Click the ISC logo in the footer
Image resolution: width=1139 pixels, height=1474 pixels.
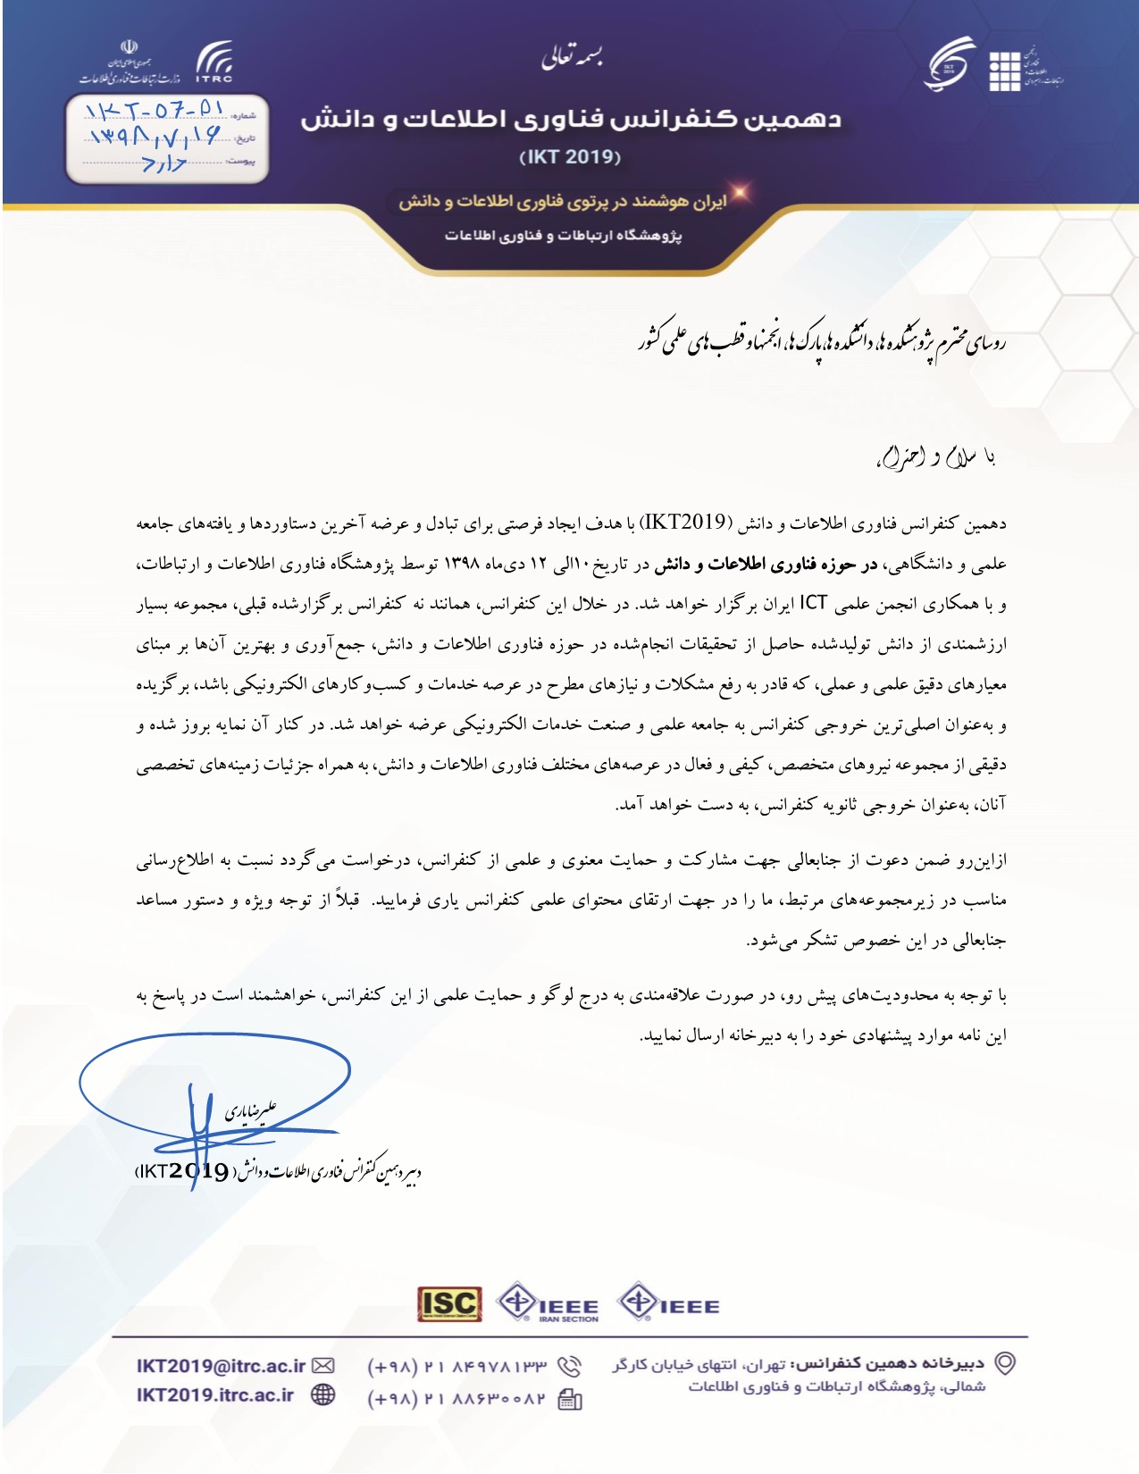[x=449, y=1304]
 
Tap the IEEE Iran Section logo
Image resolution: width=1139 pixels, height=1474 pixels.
[x=548, y=1304]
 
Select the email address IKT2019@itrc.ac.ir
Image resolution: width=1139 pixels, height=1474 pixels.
[x=221, y=1366]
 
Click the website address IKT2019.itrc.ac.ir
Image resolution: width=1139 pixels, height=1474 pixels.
[x=215, y=1395]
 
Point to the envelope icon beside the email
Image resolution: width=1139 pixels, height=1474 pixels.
[x=323, y=1366]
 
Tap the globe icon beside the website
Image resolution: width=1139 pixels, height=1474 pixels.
[x=323, y=1395]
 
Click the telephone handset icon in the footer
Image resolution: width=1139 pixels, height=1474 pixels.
[x=569, y=1367]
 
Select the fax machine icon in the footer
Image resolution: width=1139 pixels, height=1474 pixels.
[x=570, y=1399]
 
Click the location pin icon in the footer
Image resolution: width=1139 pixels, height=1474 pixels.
[x=1006, y=1363]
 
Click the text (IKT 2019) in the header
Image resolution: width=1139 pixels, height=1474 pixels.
[x=570, y=157]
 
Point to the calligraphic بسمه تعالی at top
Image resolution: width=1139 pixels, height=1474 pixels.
[x=572, y=58]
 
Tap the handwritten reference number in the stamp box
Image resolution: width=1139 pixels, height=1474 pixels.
[x=154, y=111]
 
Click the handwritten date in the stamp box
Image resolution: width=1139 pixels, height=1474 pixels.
[x=154, y=138]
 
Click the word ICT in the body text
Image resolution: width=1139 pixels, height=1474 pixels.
[x=814, y=603]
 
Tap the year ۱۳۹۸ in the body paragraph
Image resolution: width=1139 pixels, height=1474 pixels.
[x=462, y=564]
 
